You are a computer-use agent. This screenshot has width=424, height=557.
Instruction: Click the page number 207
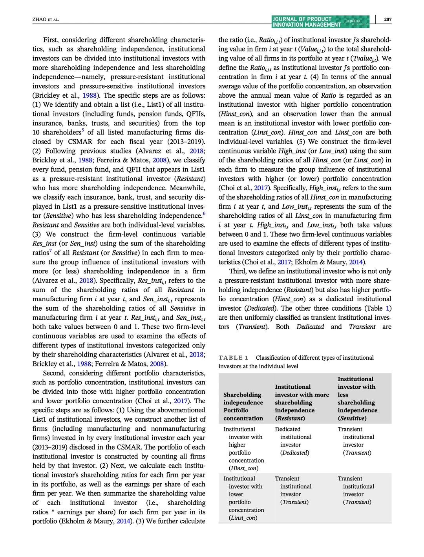[x=387, y=19]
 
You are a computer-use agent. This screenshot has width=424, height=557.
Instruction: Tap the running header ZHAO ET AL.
[x=46, y=20]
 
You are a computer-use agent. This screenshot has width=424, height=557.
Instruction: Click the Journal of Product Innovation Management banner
[x=307, y=22]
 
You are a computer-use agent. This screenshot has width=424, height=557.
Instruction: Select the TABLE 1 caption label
[x=233, y=358]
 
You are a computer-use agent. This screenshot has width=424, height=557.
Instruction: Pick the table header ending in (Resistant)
[x=302, y=402]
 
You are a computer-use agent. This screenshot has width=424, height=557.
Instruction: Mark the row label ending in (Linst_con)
[x=243, y=498]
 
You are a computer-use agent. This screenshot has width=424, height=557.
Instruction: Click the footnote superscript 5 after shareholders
[x=82, y=131]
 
